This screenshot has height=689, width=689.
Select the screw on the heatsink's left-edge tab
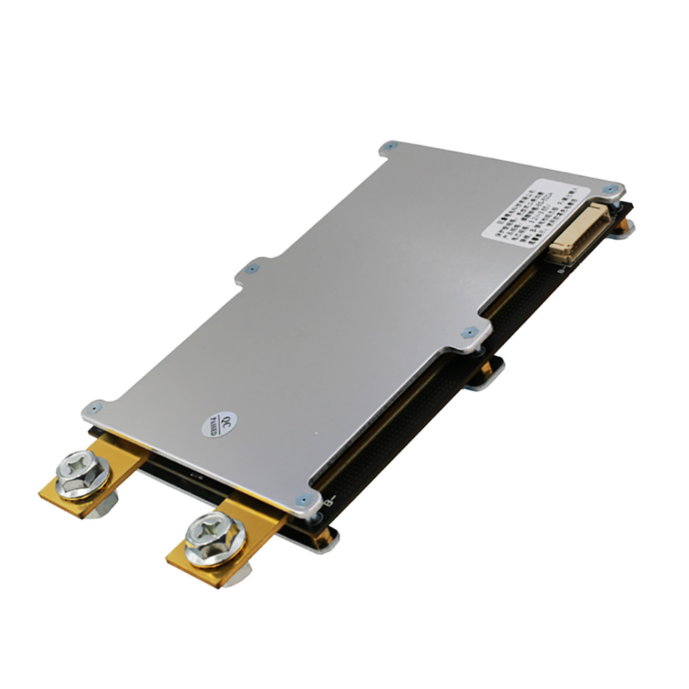pos(253,269)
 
